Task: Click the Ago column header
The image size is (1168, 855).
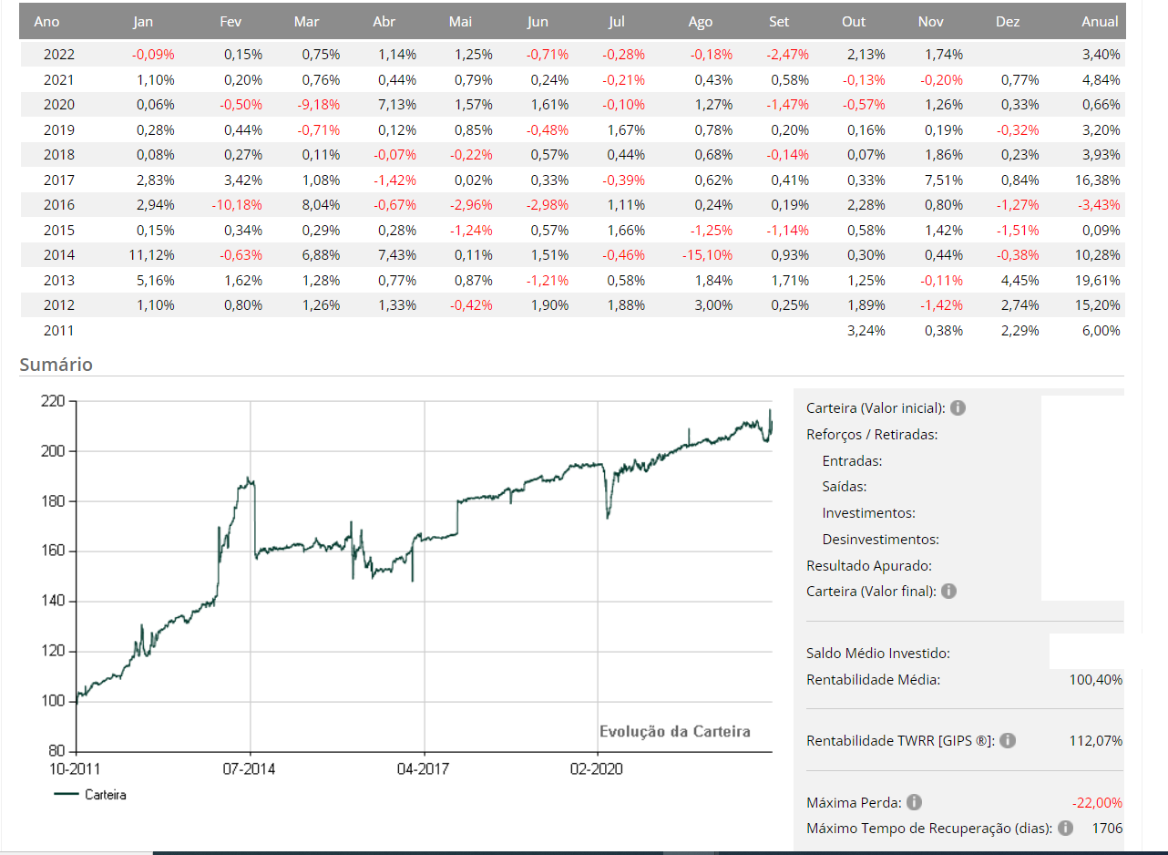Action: pyautogui.click(x=701, y=22)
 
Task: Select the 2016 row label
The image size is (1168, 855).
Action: pyautogui.click(x=59, y=205)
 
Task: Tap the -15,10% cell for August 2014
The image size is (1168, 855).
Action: pyautogui.click(x=708, y=255)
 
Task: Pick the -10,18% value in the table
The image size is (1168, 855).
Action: pyautogui.click(x=237, y=205)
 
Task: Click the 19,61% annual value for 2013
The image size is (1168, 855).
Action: pyautogui.click(x=1101, y=280)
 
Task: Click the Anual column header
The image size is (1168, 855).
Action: pyautogui.click(x=1100, y=22)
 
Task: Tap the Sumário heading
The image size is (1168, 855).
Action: pyautogui.click(x=56, y=365)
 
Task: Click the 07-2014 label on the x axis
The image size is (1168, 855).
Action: pyautogui.click(x=249, y=769)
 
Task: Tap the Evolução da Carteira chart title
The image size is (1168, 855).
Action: pyautogui.click(x=675, y=731)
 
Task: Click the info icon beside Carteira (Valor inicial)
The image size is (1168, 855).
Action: pyautogui.click(x=958, y=407)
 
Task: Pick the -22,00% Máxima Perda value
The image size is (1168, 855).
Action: pyautogui.click(x=1097, y=803)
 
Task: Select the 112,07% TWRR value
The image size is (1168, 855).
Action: pyautogui.click(x=1095, y=741)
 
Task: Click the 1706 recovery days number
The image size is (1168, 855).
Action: pyautogui.click(x=1106, y=829)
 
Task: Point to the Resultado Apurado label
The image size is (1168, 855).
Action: pyautogui.click(x=868, y=566)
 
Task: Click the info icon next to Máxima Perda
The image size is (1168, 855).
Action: pyautogui.click(x=914, y=803)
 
